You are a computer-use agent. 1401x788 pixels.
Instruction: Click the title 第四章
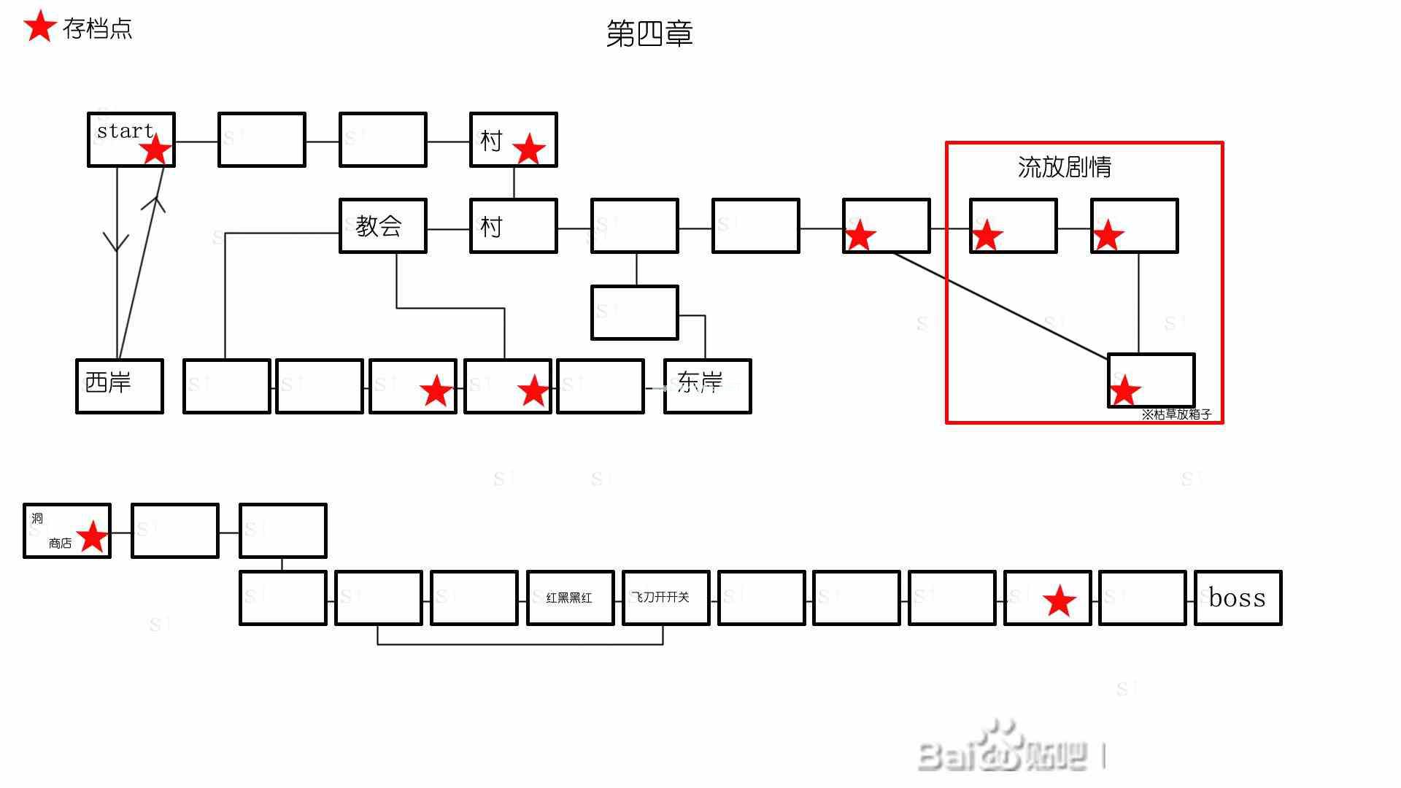(x=649, y=34)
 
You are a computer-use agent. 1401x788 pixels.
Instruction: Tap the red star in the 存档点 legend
(x=40, y=27)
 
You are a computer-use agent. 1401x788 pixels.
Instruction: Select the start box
(x=131, y=139)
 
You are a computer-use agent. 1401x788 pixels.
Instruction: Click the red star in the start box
(x=155, y=151)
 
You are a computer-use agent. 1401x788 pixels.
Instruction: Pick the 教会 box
(x=382, y=225)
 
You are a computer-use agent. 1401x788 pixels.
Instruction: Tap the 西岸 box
(x=119, y=385)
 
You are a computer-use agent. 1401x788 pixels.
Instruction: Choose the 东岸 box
(x=706, y=385)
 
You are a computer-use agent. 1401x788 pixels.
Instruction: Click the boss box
(x=1237, y=598)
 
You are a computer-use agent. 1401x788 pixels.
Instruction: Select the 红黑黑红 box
(x=569, y=598)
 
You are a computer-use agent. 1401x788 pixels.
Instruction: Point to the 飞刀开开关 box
(x=665, y=598)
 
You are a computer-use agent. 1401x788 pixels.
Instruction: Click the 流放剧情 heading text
(x=1064, y=167)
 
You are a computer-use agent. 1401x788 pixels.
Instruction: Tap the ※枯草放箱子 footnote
(x=1176, y=414)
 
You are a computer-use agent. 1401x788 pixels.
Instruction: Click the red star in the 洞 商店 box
(x=93, y=538)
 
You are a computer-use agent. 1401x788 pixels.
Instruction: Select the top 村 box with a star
(x=513, y=139)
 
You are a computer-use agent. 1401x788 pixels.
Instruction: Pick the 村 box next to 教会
(x=513, y=225)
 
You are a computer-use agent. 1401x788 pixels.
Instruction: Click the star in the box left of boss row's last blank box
(x=1060, y=601)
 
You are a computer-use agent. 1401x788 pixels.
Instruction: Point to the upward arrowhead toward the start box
(x=154, y=202)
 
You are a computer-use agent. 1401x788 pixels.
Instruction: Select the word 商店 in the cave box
(x=60, y=544)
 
